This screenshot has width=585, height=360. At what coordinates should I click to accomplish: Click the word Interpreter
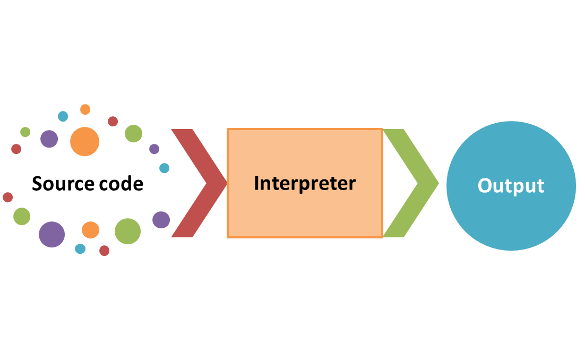305,183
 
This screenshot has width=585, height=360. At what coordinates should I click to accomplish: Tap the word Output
511,186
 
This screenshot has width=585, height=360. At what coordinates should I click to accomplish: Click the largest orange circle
84,141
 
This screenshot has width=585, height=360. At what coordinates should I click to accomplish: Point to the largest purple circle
51,234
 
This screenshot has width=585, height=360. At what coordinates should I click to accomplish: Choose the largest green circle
127,231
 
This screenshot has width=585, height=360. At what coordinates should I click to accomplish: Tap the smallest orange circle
85,109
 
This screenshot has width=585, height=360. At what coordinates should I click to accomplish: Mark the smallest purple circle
154,149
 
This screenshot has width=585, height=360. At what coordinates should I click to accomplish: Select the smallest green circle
25,132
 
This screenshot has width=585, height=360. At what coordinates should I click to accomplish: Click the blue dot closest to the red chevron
165,168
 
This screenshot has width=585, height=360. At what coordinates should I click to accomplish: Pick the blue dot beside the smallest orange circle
63,116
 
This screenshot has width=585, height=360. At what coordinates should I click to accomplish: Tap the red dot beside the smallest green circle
16,149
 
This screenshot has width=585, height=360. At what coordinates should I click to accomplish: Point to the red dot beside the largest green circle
104,251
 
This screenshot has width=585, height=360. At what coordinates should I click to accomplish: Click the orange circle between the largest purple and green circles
90,230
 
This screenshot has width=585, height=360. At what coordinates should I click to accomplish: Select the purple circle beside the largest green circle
161,219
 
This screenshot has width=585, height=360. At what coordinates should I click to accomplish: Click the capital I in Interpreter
257,184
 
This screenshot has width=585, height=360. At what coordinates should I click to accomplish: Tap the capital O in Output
485,186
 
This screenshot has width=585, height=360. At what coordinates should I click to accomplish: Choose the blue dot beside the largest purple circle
80,248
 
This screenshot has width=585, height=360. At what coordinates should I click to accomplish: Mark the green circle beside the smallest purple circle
133,133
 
